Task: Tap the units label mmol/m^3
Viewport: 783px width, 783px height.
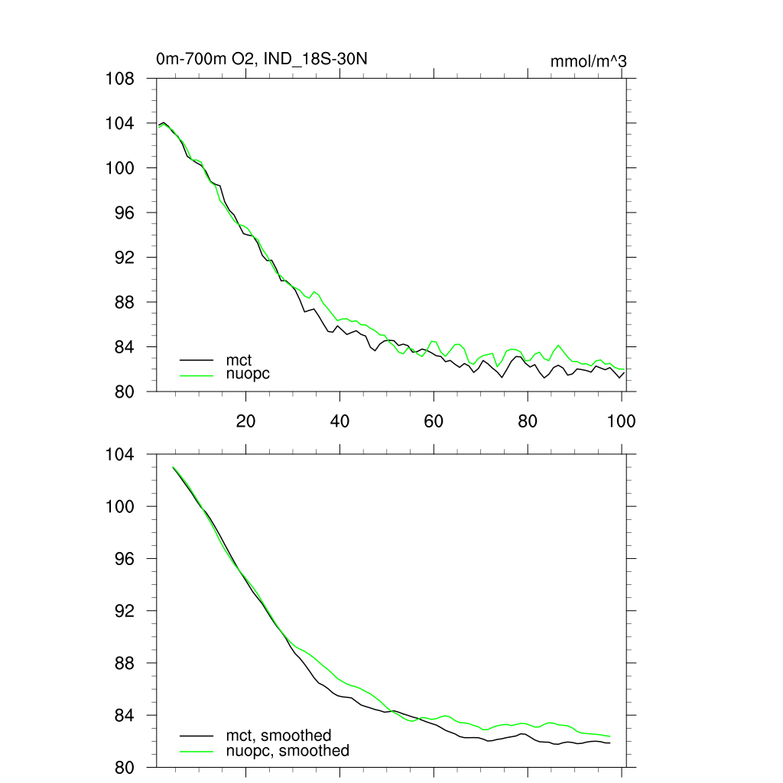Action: click(589, 61)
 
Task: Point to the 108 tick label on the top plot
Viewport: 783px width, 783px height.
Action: click(120, 79)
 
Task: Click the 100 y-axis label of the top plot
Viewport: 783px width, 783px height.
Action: click(120, 168)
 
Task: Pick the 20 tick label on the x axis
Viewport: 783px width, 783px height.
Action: click(245, 421)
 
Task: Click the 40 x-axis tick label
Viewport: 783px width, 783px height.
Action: click(340, 421)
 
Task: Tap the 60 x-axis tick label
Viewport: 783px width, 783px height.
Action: click(434, 421)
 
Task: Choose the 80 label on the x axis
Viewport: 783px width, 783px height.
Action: click(528, 421)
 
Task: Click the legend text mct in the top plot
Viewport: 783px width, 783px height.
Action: click(239, 359)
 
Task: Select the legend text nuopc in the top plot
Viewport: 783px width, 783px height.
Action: click(249, 374)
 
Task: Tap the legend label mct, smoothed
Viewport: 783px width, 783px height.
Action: click(278, 736)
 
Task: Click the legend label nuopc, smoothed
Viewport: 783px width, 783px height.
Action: click(288, 751)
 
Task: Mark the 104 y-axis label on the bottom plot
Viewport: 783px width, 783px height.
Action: click(120, 455)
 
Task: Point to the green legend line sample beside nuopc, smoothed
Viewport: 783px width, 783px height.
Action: click(197, 751)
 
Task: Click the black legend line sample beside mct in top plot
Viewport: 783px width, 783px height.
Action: click(197, 359)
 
